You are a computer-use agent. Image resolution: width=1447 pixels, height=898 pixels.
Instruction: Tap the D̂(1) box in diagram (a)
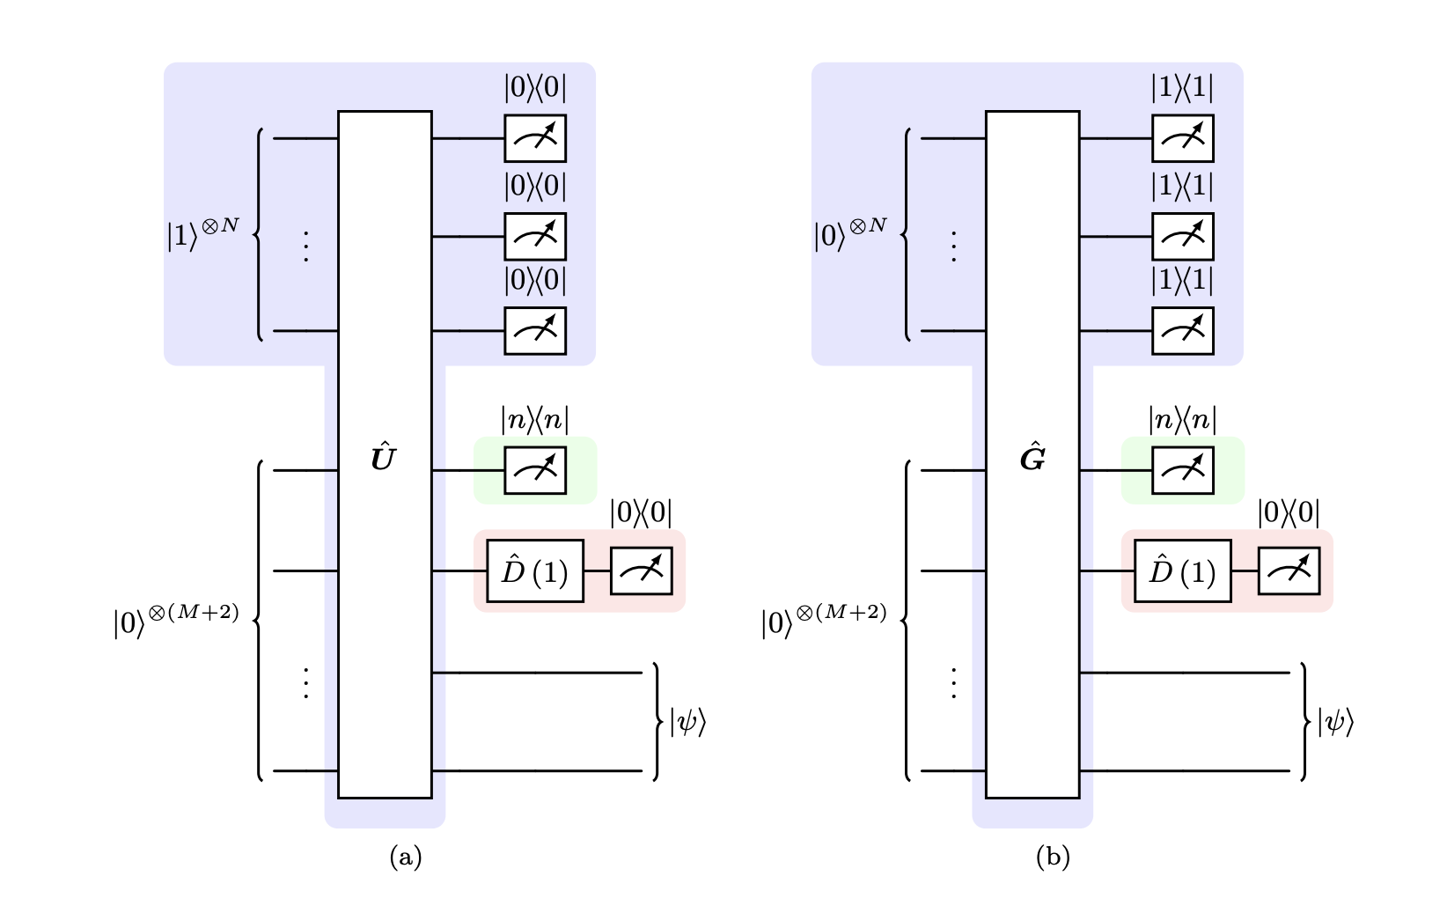click(x=535, y=571)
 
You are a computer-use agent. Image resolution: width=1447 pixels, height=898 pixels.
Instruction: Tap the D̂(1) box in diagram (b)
click(x=1182, y=571)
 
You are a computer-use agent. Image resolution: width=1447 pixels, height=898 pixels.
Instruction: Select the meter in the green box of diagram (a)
click(x=535, y=470)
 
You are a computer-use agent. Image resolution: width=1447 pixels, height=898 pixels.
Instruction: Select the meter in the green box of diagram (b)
click(x=1182, y=470)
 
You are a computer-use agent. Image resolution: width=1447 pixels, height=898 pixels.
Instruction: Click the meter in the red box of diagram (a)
click(x=642, y=571)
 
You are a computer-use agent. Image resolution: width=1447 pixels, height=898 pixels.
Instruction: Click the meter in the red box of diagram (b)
click(x=1289, y=571)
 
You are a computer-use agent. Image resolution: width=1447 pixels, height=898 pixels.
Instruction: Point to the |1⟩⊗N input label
click(x=202, y=233)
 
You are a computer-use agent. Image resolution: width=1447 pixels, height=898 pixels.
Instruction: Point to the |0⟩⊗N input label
click(x=850, y=233)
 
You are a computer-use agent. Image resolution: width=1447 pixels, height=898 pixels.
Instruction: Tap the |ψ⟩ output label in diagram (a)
click(x=687, y=722)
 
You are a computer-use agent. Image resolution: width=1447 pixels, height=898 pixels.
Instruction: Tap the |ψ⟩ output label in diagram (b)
click(x=1335, y=722)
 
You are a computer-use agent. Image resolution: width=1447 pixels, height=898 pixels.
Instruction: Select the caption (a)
click(x=406, y=857)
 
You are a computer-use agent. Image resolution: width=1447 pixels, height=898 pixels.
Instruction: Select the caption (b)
click(x=1053, y=857)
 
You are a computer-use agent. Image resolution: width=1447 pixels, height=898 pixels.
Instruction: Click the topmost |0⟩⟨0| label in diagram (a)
click(x=535, y=88)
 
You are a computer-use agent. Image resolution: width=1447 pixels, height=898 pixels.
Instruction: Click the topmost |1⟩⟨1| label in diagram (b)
click(x=1182, y=88)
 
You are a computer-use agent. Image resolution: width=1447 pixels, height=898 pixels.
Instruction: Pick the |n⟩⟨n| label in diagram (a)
click(x=535, y=420)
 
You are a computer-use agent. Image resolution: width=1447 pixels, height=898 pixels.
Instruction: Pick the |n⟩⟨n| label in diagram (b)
click(x=1182, y=420)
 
